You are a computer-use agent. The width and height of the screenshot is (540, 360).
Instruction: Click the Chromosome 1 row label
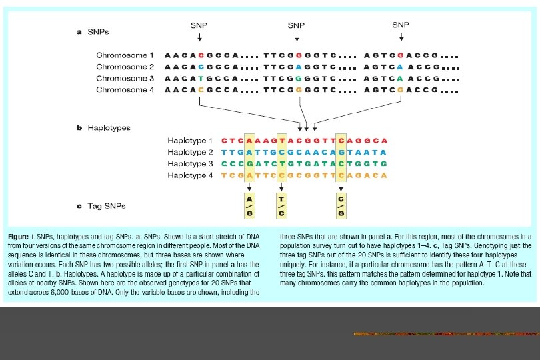125,55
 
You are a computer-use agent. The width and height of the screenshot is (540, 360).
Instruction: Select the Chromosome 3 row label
125,79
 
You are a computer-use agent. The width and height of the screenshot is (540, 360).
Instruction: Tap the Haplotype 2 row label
190,153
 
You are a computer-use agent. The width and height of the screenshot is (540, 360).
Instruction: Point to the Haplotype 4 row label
190,175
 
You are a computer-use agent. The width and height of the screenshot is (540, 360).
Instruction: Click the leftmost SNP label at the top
199,25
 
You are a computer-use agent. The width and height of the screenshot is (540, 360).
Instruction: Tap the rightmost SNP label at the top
401,25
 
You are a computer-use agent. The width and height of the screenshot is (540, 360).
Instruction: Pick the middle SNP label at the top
297,25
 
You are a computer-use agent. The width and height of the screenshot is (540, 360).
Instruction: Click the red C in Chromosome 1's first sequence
200,55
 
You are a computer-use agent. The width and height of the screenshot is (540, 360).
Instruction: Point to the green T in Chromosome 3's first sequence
200,79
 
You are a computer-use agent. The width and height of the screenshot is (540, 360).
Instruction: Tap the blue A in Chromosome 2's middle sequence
299,67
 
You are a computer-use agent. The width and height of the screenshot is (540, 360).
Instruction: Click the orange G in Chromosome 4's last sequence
399,90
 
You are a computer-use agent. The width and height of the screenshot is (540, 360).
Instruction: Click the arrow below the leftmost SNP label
199,37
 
